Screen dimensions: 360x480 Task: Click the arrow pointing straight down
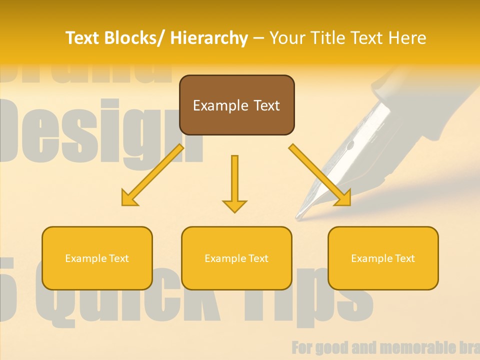pos(234,183)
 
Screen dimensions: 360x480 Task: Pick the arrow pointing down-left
pos(152,175)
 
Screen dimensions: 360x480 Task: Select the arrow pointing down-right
pos(320,175)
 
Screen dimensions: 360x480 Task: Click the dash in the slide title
pos(258,38)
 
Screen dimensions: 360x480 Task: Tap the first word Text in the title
pos(83,38)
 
